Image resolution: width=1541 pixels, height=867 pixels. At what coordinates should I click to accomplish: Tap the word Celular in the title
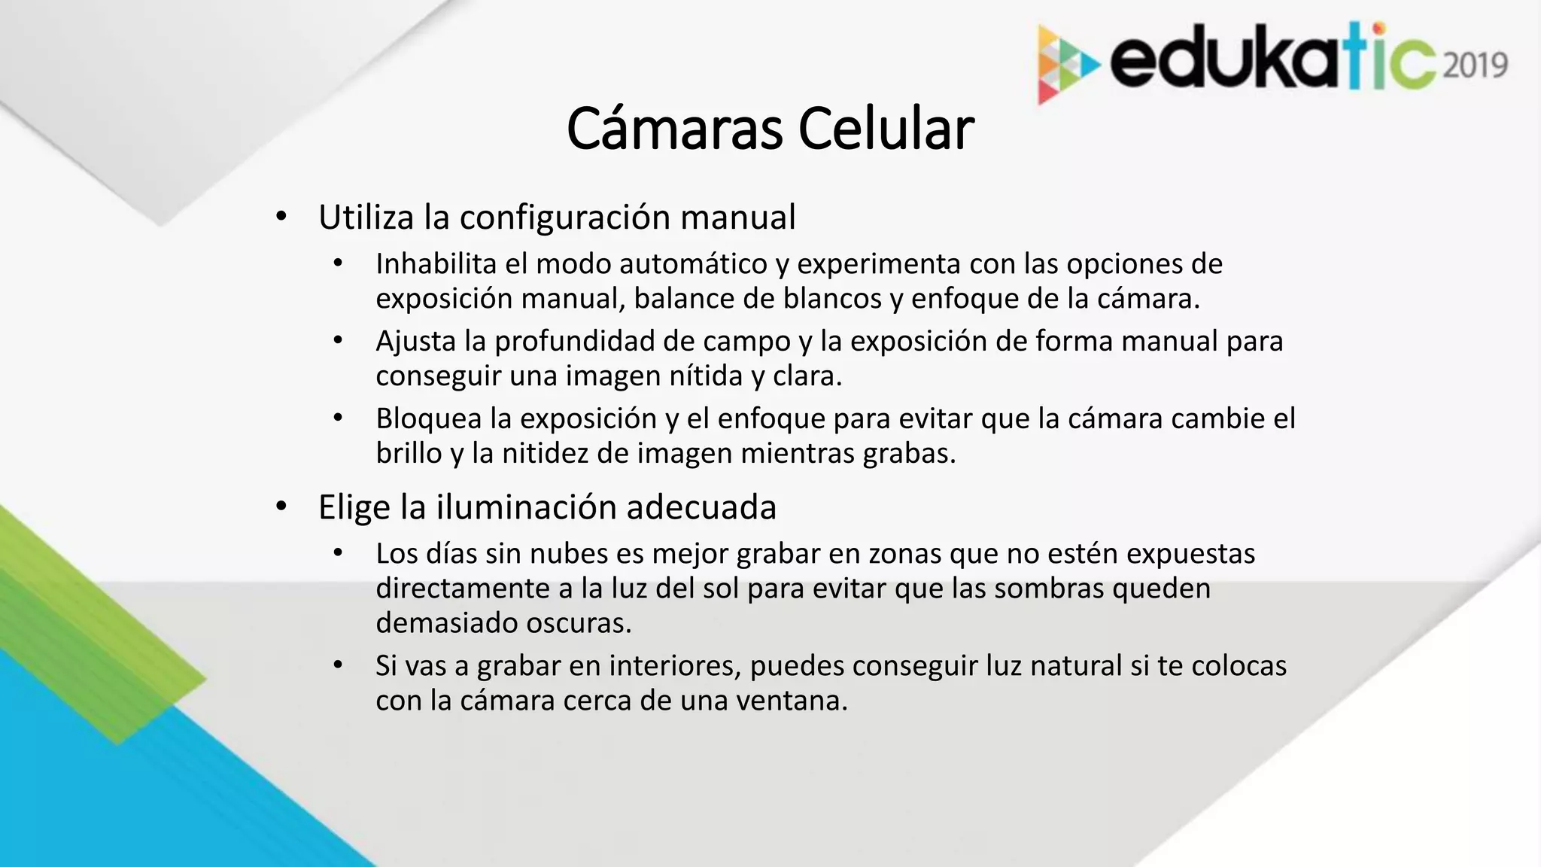pyautogui.click(x=886, y=129)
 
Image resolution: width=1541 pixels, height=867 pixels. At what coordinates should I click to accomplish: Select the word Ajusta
pyautogui.click(x=416, y=341)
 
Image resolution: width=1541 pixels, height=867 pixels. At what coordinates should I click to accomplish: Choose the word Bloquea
pyautogui.click(x=428, y=418)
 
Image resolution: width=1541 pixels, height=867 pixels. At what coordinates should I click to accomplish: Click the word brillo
pyautogui.click(x=409, y=453)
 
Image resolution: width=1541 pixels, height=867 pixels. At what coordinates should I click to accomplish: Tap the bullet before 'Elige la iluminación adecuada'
pyautogui.click(x=281, y=507)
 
